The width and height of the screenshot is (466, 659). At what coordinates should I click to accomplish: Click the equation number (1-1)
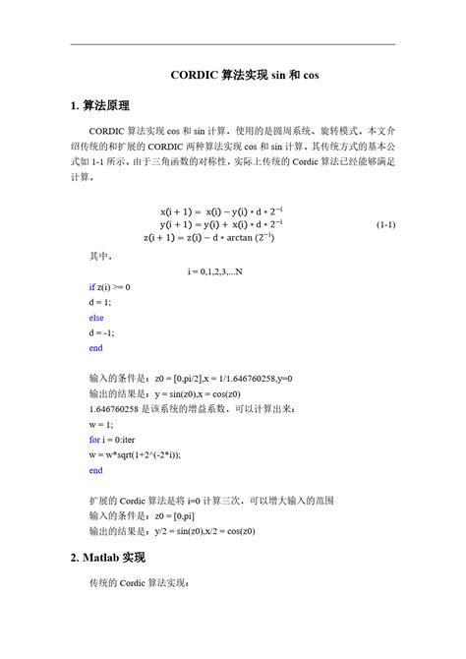click(x=385, y=224)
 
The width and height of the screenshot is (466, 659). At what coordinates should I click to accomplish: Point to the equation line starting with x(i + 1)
click(x=207, y=211)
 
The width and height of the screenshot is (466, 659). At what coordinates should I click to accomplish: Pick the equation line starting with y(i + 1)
click(x=207, y=224)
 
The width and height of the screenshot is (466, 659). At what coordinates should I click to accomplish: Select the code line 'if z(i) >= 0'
click(x=109, y=286)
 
